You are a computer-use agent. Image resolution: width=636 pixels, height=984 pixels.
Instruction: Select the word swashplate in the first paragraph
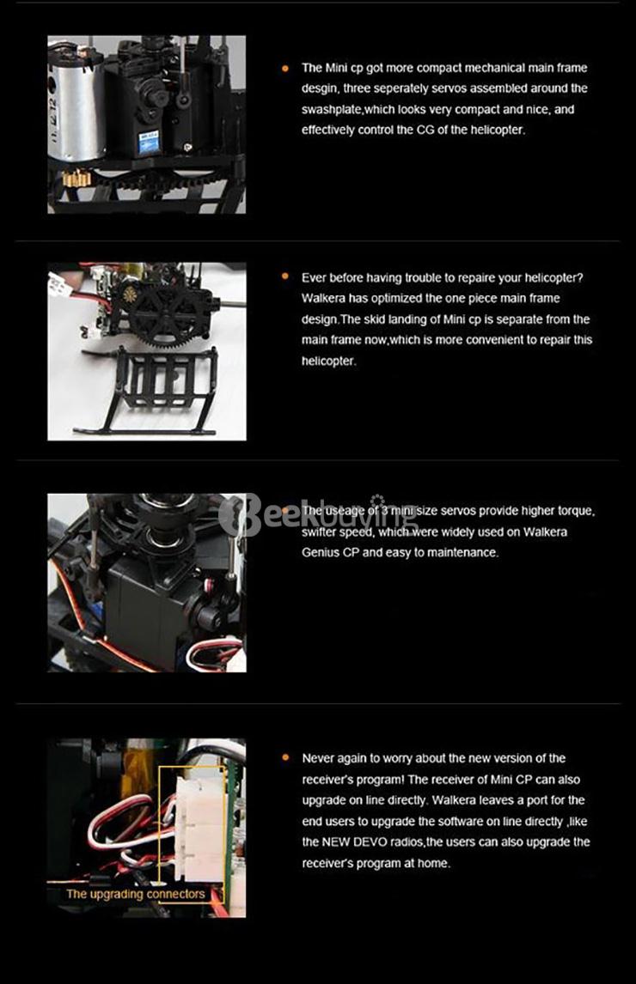pos(331,109)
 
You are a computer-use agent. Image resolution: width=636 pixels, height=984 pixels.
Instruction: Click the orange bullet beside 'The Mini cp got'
pos(286,68)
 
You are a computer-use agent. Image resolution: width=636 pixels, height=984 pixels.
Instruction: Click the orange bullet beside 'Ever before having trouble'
pos(286,276)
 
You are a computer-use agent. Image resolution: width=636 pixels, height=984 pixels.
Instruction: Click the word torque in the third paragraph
pos(573,511)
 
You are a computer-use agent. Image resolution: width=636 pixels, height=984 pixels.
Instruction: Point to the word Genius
pos(320,553)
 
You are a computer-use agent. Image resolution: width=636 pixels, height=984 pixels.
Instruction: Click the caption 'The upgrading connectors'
pos(136,894)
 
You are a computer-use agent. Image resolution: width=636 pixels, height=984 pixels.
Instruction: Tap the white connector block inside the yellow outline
pos(201,829)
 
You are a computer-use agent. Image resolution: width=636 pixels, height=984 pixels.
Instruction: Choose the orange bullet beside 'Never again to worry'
pos(286,757)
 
